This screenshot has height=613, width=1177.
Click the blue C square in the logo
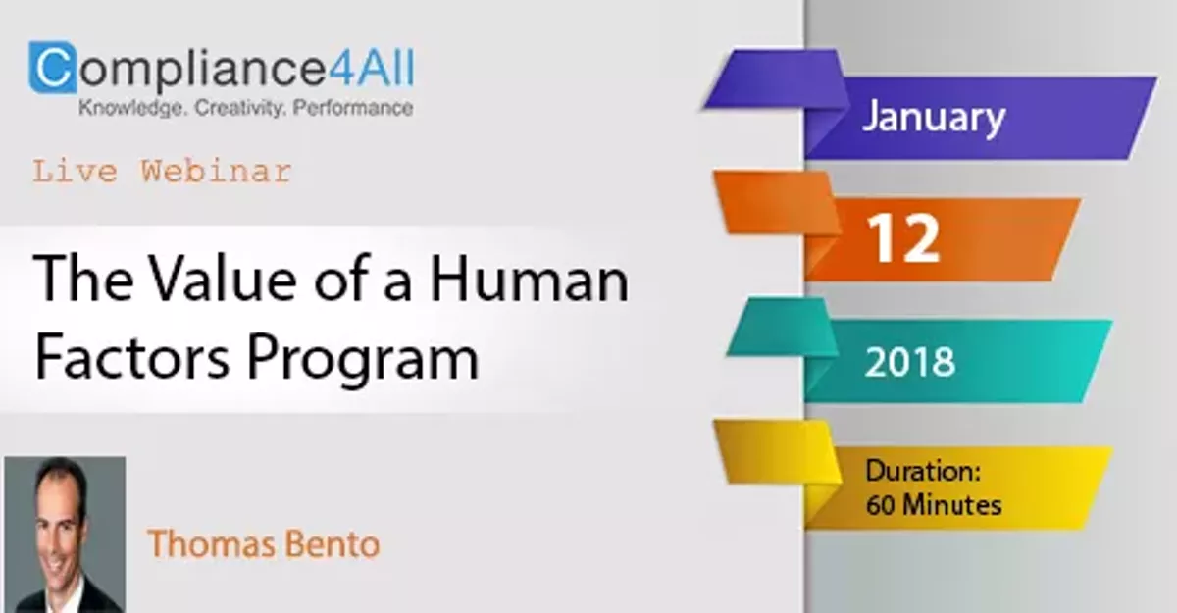[52, 67]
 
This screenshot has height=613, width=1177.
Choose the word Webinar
[216, 172]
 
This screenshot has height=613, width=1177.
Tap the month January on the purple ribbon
[933, 118]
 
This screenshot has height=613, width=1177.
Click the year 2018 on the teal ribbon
[909, 362]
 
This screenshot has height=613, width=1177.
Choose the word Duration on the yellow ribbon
[923, 471]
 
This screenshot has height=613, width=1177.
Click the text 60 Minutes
[934, 505]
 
